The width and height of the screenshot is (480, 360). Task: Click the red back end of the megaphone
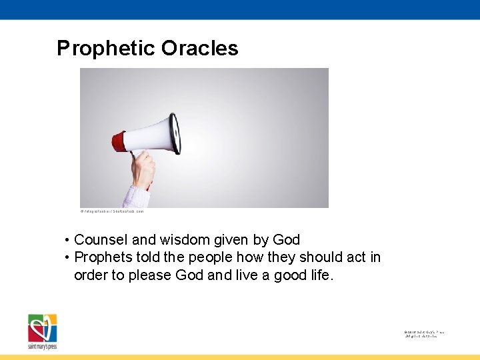[x=119, y=141]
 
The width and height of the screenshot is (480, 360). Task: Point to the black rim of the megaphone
[x=175, y=133]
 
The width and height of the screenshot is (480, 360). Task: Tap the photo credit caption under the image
[x=112, y=211]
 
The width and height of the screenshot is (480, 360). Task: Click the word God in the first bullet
[x=285, y=240]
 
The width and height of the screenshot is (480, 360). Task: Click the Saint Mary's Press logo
[x=43, y=331]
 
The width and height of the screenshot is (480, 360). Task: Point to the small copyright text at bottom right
[x=424, y=334]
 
